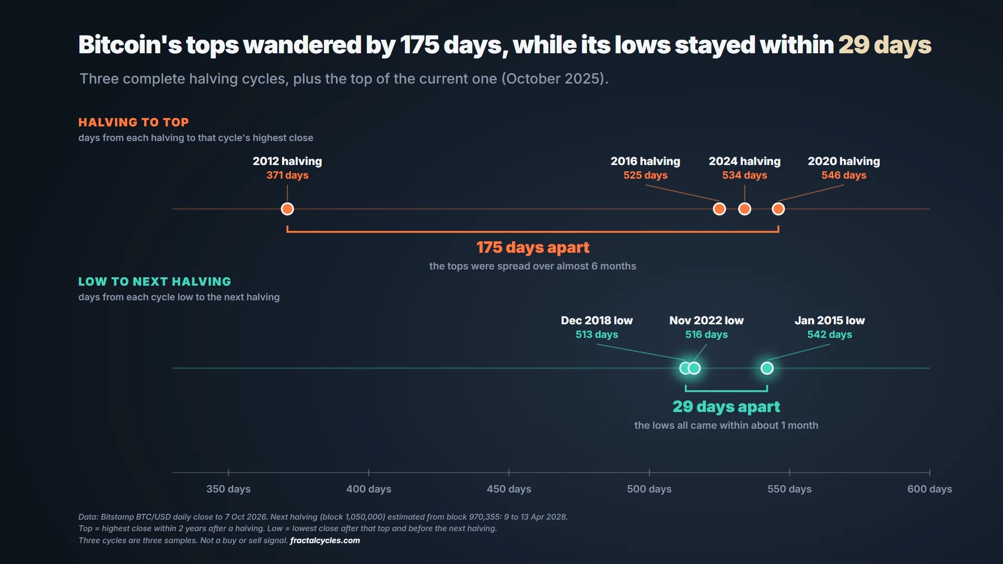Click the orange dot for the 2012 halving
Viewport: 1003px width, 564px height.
pyautogui.click(x=287, y=209)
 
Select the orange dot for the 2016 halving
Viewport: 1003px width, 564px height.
pyautogui.click(x=719, y=209)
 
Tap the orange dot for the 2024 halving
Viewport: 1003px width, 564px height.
pyautogui.click(x=744, y=209)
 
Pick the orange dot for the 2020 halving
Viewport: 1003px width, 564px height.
pyautogui.click(x=778, y=209)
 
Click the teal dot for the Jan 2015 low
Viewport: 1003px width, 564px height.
pyautogui.click(x=767, y=368)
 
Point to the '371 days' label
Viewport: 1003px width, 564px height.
pyautogui.click(x=287, y=175)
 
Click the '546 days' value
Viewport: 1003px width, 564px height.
pyautogui.click(x=844, y=175)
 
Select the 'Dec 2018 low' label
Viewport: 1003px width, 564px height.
pyautogui.click(x=597, y=320)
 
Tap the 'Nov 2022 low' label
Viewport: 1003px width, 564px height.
pyautogui.click(x=706, y=320)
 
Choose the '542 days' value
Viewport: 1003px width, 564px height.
pyautogui.click(x=830, y=335)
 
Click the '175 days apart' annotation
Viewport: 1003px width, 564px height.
pyautogui.click(x=533, y=248)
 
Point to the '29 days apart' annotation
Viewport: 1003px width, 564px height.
pyautogui.click(x=726, y=407)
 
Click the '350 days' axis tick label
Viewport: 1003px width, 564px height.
pyautogui.click(x=228, y=489)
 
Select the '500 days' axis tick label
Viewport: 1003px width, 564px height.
pyautogui.click(x=649, y=489)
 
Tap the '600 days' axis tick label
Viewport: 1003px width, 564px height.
pyautogui.click(x=930, y=489)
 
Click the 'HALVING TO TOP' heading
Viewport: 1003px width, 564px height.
pyautogui.click(x=134, y=122)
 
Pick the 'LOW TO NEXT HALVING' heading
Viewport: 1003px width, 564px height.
pyautogui.click(x=155, y=281)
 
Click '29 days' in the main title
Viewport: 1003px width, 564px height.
pyautogui.click(x=885, y=45)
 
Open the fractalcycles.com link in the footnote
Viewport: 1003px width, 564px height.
pyautogui.click(x=325, y=540)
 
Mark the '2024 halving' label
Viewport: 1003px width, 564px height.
pyautogui.click(x=744, y=161)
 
